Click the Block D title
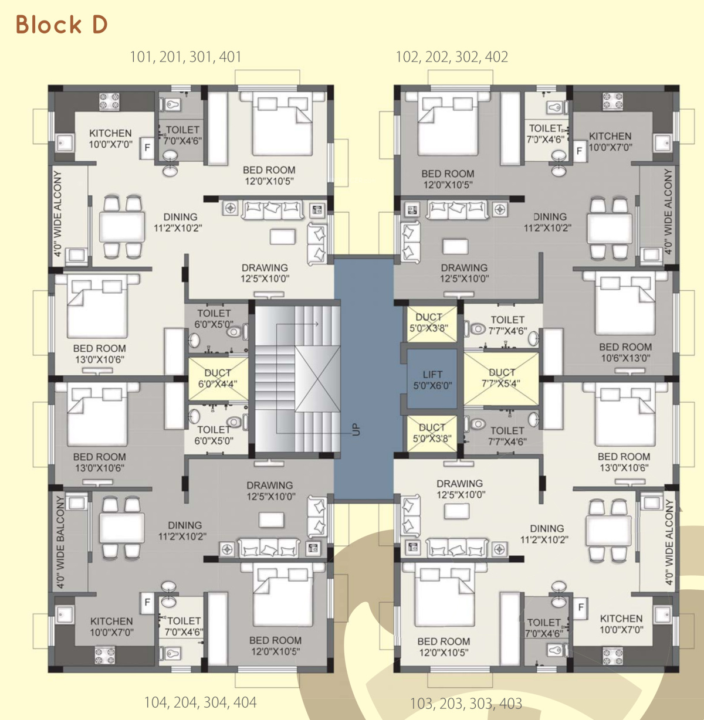coord(62,25)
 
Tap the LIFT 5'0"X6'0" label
coord(432,380)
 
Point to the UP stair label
coord(356,429)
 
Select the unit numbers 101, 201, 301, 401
coord(185,57)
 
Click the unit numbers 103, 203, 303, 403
coord(466,704)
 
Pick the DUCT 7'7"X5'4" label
coord(502,378)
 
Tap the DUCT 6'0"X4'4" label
coord(218,378)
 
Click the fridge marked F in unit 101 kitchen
coord(147,148)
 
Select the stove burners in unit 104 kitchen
coord(105,655)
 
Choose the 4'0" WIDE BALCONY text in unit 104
coord(60,541)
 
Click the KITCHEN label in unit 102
coord(610,136)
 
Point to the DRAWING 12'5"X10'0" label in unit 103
coord(460,489)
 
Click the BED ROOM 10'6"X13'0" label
coord(625,352)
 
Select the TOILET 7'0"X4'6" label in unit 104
coord(184,626)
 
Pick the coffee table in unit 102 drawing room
coord(455,247)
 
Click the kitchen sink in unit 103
coord(662,614)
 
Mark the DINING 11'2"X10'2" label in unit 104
coord(182,531)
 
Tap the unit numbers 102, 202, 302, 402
coord(452,57)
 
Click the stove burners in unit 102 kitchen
coord(612,101)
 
